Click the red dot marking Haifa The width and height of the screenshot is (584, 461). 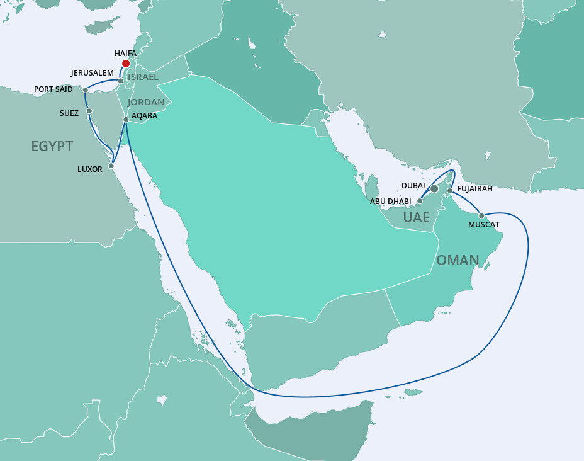point(126,64)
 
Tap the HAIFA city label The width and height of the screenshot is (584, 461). point(126,54)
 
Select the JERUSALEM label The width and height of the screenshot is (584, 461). point(92,73)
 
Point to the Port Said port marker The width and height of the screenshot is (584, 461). point(86,90)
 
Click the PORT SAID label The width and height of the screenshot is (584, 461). point(53,89)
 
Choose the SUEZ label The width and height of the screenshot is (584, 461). point(70,113)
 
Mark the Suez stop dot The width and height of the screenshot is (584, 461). point(89,111)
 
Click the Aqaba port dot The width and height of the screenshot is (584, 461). point(126,119)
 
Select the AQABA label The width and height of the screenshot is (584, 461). point(145,116)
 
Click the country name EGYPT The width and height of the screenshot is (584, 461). point(52,147)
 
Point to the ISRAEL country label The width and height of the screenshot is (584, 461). point(143,77)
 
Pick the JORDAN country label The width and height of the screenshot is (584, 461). point(146,102)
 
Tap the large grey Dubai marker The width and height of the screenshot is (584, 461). point(434,188)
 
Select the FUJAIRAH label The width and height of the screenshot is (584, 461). point(475,188)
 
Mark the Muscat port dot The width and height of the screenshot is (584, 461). point(481,215)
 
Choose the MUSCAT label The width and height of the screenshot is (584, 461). point(484,225)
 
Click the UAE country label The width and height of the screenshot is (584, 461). point(417,218)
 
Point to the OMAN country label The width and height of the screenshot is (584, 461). point(458,260)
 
